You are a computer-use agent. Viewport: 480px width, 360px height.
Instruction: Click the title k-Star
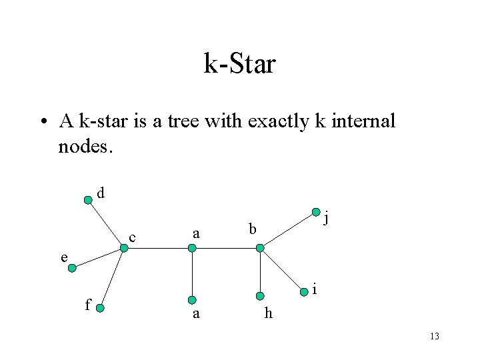(x=239, y=65)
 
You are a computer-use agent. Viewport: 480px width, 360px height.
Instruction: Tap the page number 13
(x=434, y=337)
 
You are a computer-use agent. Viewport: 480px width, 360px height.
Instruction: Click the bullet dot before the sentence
(x=43, y=122)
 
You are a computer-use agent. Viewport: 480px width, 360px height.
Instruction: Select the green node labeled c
(x=123, y=248)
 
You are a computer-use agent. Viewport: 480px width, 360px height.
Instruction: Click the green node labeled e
(x=73, y=268)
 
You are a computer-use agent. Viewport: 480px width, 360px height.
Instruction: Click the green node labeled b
(x=261, y=248)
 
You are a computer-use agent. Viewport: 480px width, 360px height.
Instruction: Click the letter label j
(x=327, y=217)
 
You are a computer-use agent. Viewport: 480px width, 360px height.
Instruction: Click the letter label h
(x=268, y=314)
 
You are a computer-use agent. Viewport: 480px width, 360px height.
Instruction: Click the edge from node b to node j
(x=288, y=230)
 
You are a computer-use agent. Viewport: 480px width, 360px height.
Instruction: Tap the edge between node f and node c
(x=111, y=277)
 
